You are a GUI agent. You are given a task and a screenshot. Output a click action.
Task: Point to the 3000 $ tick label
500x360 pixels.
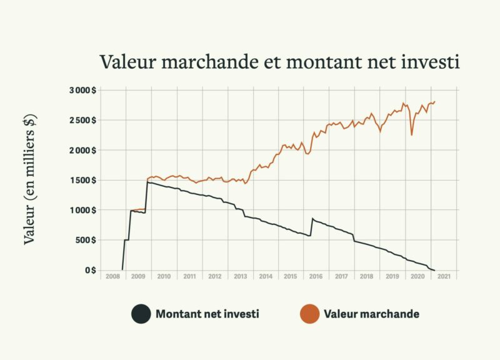tap(82, 90)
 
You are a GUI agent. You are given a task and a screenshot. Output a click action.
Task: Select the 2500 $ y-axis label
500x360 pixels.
tap(82, 120)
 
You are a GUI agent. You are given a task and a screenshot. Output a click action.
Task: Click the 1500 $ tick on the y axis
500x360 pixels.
tap(82, 180)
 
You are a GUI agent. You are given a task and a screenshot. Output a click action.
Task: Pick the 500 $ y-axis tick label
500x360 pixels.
tap(86, 240)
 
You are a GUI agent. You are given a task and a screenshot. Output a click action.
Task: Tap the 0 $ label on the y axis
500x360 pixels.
tap(90, 270)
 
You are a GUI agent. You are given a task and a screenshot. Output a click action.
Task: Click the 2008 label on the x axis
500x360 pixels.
tap(112, 276)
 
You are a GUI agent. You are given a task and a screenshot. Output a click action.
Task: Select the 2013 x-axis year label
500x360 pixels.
tap(240, 276)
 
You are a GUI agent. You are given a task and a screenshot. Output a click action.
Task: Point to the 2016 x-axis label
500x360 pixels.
tap(316, 276)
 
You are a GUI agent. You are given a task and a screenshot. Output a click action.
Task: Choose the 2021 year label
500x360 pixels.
tap(444, 276)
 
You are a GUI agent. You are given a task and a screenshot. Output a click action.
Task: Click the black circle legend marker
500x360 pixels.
tap(141, 314)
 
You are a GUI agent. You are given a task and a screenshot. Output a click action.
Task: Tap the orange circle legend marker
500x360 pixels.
tap(309, 314)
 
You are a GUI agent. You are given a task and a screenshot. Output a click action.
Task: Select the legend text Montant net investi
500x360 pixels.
tap(207, 314)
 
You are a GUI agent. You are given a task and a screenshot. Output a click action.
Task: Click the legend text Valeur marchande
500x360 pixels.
tap(371, 314)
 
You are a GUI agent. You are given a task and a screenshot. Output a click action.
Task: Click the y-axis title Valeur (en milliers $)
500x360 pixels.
tap(29, 179)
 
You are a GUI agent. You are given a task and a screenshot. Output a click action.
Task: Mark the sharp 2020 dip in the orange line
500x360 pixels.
tap(412, 135)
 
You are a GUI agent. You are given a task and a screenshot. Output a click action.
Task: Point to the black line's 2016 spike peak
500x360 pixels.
tap(312, 218)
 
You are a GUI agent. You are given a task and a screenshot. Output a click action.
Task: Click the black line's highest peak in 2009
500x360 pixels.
tap(147, 182)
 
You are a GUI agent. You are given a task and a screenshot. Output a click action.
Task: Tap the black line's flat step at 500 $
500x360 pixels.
tap(126, 239)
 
